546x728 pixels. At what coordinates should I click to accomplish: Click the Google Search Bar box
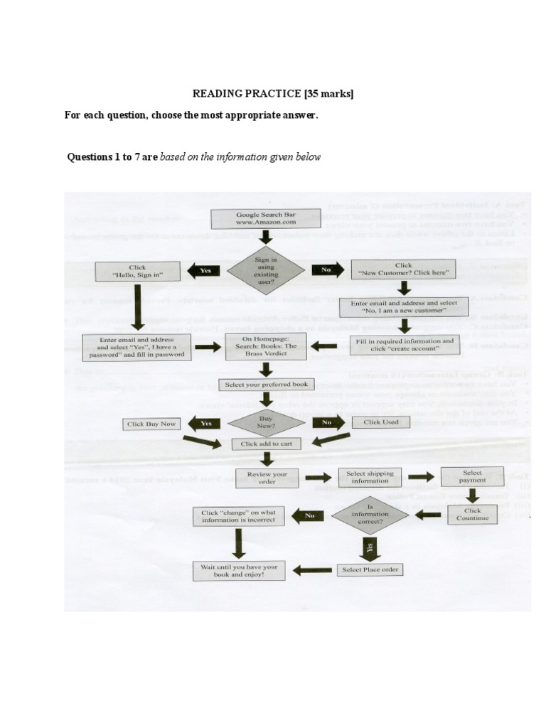266,218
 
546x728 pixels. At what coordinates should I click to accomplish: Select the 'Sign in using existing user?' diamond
266,269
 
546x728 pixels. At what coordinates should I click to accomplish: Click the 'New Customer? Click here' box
404,270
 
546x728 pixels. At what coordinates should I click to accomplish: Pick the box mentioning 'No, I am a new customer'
403,307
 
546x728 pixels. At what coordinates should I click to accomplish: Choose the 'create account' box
404,345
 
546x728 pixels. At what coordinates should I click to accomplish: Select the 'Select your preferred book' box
266,385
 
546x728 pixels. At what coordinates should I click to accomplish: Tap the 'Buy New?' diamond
266,422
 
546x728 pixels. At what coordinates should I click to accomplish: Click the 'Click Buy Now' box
150,424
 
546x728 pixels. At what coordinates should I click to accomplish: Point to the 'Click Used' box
382,422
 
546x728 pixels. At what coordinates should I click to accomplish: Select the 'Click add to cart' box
266,443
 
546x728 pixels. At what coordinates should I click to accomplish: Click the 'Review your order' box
267,478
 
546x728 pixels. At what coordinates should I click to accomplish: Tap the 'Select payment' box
472,476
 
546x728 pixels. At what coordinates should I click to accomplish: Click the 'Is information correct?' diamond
370,514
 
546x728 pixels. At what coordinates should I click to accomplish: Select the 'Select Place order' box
370,569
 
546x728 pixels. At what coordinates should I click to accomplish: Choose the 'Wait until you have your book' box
237,569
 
